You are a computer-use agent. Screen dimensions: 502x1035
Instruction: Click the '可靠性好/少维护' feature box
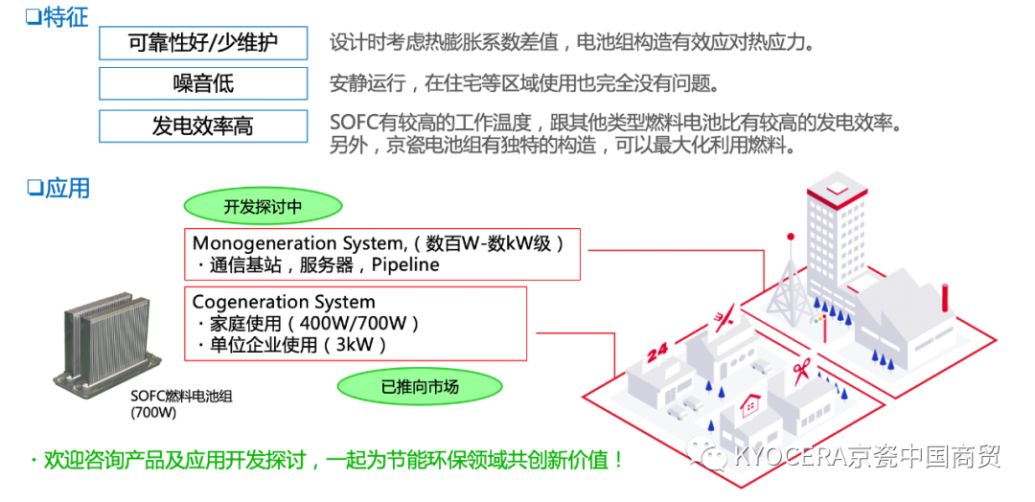pyautogui.click(x=203, y=43)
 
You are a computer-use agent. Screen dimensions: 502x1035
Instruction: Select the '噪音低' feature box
pyautogui.click(x=203, y=83)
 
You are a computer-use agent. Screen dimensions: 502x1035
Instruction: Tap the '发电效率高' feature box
pyautogui.click(x=203, y=125)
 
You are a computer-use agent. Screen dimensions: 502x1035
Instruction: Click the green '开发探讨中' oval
pyautogui.click(x=263, y=206)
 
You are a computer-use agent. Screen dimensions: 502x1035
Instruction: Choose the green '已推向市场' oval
pyautogui.click(x=420, y=387)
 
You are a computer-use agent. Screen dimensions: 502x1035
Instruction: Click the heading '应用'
pyautogui.click(x=58, y=189)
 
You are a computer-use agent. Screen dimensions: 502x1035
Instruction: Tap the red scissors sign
pyautogui.click(x=801, y=367)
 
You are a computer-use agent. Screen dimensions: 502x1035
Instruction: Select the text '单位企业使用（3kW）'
pyautogui.click(x=297, y=345)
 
